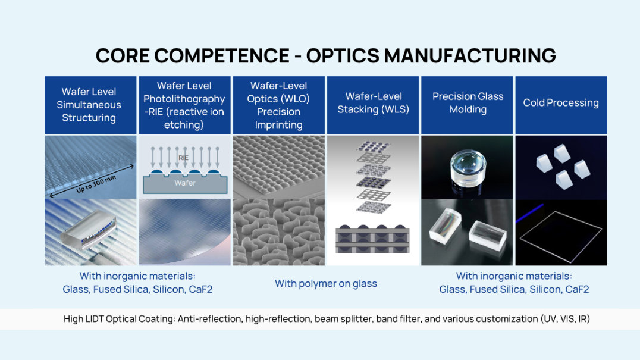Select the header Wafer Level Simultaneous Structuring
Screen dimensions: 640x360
click(89, 105)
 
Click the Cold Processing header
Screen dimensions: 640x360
click(561, 102)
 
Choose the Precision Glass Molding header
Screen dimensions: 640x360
click(468, 103)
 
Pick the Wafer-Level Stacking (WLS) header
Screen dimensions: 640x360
click(374, 103)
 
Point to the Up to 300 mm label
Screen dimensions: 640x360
click(96, 184)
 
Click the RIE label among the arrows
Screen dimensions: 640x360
click(183, 158)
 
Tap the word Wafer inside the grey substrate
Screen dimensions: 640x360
click(185, 183)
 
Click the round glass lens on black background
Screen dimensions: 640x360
click(468, 168)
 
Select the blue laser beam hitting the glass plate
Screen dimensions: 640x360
click(530, 212)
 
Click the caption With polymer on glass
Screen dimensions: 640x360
click(326, 283)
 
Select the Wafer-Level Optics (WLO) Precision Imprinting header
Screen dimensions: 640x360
click(278, 105)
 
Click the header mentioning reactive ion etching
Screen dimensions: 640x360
click(184, 105)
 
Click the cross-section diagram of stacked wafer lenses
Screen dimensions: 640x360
click(373, 239)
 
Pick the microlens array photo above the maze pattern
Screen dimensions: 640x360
click(279, 167)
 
